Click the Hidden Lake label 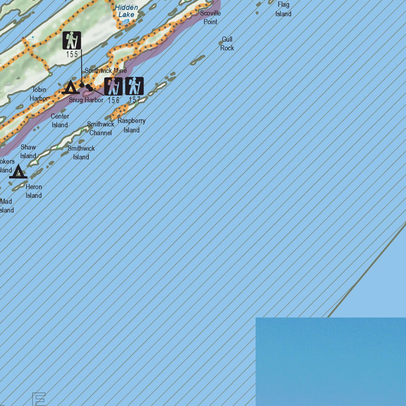[x=126, y=11]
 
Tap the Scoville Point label [x=210, y=17]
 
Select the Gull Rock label [x=227, y=44]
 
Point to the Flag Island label [x=283, y=10]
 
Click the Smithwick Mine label [x=106, y=71]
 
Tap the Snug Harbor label [x=86, y=100]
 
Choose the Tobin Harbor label [x=39, y=94]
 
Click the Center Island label [x=60, y=121]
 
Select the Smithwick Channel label [x=101, y=128]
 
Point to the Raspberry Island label [x=131, y=125]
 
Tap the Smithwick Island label [x=81, y=153]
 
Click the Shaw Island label [x=28, y=151]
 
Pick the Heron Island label [x=34, y=191]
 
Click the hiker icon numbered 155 [x=72, y=40]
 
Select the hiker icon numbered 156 [x=113, y=86]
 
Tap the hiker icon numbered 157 [x=134, y=86]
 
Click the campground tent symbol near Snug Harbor [x=70, y=87]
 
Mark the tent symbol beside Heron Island [x=18, y=172]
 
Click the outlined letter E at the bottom [x=39, y=399]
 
